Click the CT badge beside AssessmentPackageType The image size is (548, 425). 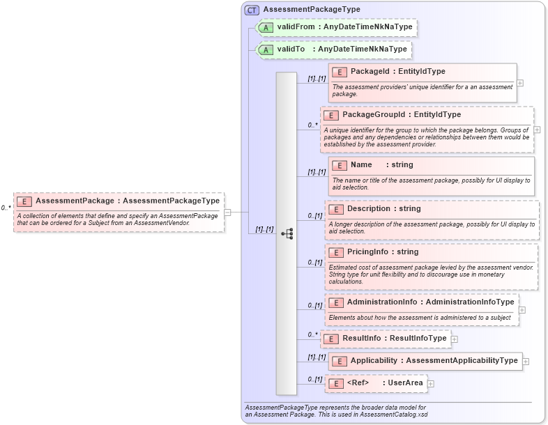point(252,10)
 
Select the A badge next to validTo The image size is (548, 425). point(266,50)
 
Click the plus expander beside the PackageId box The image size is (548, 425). point(520,83)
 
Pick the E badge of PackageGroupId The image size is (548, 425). point(332,115)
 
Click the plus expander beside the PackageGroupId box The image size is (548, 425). point(537,130)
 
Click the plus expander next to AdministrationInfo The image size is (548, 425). point(522,310)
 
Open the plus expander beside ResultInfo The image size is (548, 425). point(455,339)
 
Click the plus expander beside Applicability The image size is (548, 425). point(526,362)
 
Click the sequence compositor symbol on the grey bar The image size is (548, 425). point(287,234)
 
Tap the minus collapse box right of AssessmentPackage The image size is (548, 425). point(227,212)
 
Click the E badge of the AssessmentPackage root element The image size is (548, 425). point(24,201)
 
